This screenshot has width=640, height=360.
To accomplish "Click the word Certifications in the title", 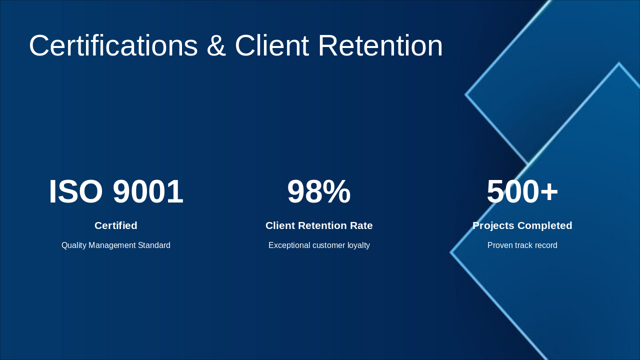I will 113,46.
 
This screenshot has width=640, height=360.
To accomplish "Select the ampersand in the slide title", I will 216,46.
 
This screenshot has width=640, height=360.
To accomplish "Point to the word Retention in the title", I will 380,46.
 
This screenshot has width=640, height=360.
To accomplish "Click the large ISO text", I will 76,192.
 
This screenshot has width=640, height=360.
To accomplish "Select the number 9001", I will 148,192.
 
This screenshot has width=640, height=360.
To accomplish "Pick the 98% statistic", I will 319,192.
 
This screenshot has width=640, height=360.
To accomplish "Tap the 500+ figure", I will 522,192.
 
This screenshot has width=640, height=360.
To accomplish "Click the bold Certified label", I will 116,225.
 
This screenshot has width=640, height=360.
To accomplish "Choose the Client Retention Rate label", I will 319,225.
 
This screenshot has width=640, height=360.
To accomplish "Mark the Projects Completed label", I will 522,225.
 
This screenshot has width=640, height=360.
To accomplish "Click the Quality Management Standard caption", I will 116,245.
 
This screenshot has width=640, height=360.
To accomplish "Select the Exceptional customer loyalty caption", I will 319,245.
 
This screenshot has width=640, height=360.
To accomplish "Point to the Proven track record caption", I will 522,245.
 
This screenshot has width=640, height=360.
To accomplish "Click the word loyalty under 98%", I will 358,245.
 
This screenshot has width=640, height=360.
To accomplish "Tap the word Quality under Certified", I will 74,245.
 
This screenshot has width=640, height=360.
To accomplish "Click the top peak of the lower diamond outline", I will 619,64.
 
